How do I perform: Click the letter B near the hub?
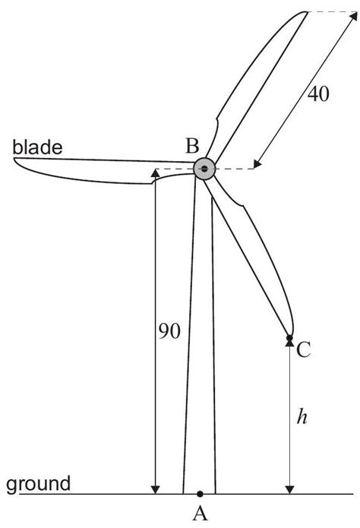[x=193, y=146]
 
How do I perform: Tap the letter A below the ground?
[x=200, y=513]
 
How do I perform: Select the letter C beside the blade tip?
[x=303, y=349]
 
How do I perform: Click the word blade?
[x=37, y=147]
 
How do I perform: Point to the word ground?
[x=39, y=484]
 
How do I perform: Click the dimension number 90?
[x=169, y=331]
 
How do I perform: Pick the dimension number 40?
[x=318, y=93]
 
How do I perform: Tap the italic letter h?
[x=302, y=417]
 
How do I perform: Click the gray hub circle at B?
[x=204, y=169]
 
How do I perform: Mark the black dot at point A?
[x=200, y=494]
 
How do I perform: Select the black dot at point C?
[x=289, y=337]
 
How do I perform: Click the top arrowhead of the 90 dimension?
[x=155, y=172]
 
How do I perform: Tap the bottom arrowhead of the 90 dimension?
[x=155, y=489]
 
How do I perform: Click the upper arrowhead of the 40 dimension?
[x=353, y=16]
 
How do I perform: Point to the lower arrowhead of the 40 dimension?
[x=257, y=163]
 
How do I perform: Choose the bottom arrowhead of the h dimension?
[x=289, y=489]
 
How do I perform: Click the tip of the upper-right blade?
[x=307, y=12]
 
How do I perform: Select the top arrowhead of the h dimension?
[x=289, y=343]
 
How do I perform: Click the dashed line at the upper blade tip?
[x=333, y=12]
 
